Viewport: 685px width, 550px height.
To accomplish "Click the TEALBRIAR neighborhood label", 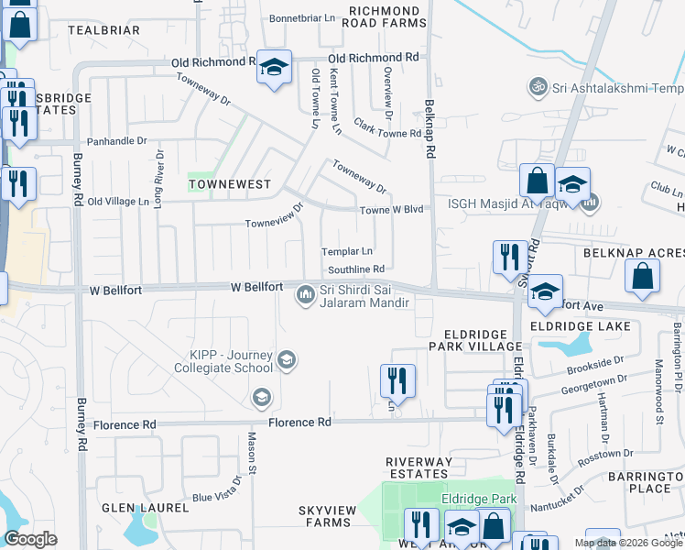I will click(103, 30).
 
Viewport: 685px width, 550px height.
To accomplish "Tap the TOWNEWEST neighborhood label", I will click(230, 184).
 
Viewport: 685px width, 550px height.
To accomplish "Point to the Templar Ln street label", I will click(346, 251).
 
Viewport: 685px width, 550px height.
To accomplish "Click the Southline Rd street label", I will click(355, 269).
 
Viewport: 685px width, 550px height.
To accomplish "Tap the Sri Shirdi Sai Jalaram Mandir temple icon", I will click(305, 294).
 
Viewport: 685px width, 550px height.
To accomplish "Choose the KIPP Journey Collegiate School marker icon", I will click(287, 359).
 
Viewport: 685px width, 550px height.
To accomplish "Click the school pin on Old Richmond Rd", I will click(274, 67).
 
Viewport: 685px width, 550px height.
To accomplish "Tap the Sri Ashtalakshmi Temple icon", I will click(538, 87).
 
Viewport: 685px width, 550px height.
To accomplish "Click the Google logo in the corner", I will click(30, 539).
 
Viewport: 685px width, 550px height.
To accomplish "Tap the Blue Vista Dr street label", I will click(214, 499).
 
